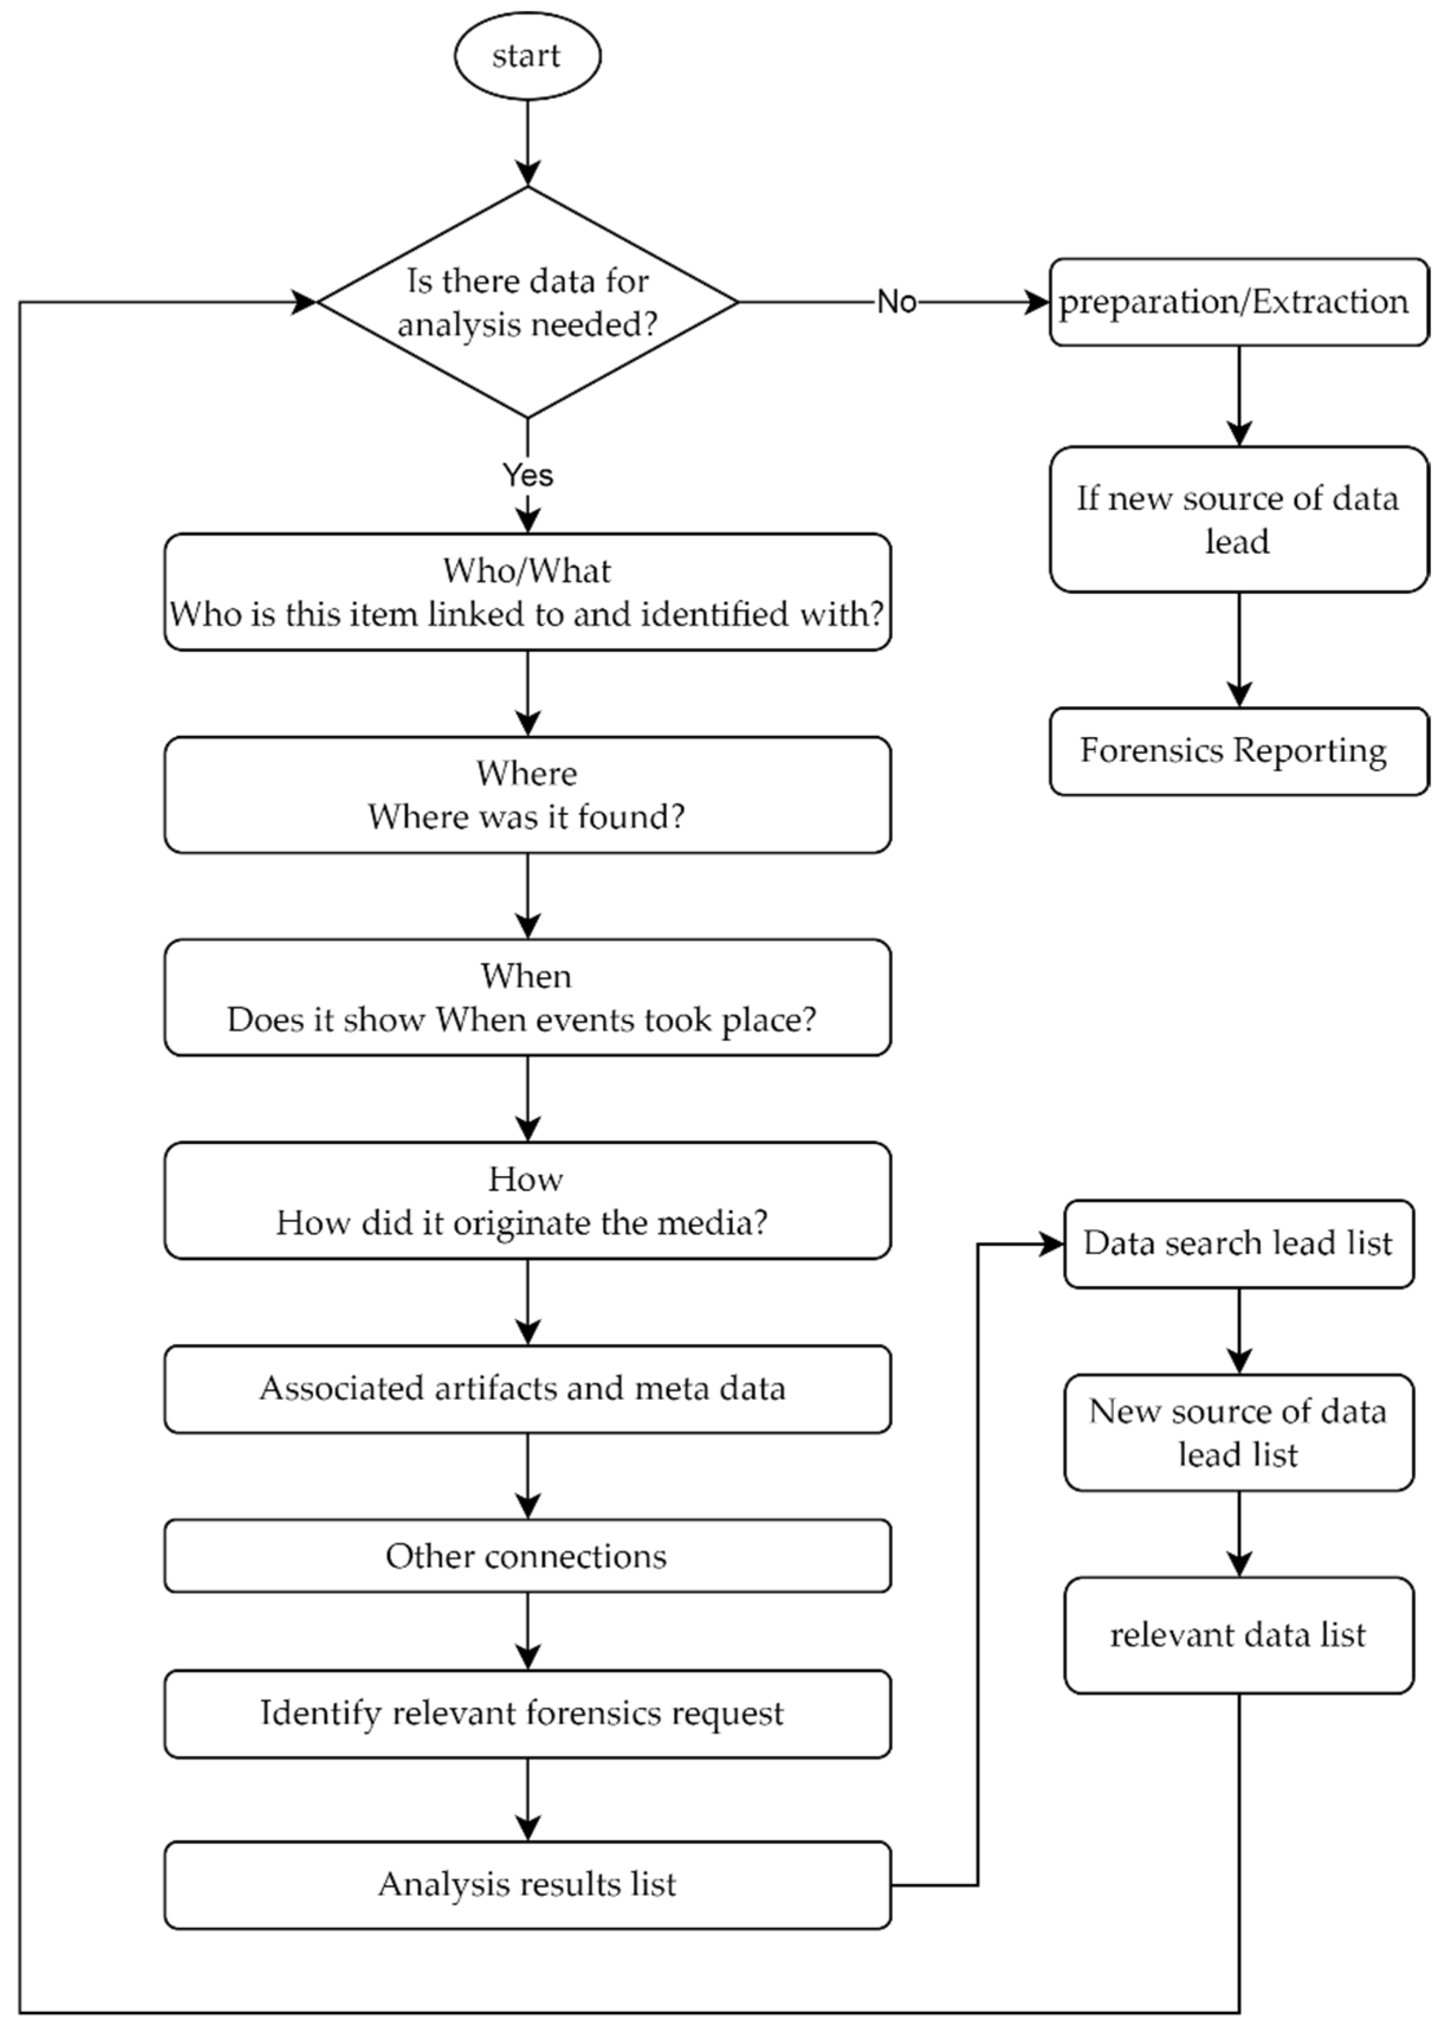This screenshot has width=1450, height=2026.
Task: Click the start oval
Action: tap(527, 56)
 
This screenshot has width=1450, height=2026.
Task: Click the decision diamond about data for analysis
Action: tap(527, 302)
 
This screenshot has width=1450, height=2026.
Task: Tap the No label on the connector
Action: tap(896, 302)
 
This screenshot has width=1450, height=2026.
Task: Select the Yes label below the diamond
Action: tap(527, 475)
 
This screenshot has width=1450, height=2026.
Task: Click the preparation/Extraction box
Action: tap(1238, 302)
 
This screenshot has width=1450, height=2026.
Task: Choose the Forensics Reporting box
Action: tap(1238, 751)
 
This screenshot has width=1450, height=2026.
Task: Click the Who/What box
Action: tap(527, 592)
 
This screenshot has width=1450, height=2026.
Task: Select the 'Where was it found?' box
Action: tap(527, 794)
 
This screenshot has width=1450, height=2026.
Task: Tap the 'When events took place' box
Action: tap(527, 997)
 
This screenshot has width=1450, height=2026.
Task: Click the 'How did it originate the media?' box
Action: tap(527, 1200)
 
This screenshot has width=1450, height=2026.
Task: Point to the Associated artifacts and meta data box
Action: tap(527, 1388)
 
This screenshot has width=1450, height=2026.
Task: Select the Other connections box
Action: tap(527, 1556)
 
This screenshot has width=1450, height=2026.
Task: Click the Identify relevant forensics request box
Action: tap(527, 1714)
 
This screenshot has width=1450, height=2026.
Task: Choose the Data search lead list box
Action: tap(1238, 1243)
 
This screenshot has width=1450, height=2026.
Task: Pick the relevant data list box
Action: tap(1238, 1635)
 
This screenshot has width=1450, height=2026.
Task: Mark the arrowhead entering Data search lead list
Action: tap(1052, 1243)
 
